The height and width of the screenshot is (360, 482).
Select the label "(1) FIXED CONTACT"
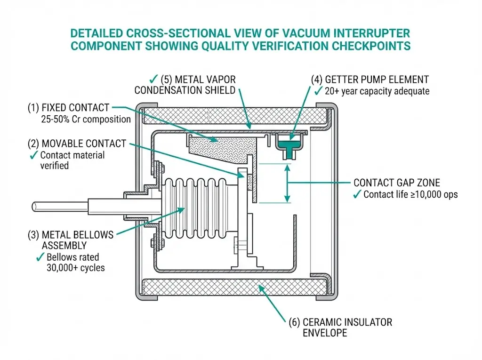click(68, 107)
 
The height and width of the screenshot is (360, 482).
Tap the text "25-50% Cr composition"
click(86, 119)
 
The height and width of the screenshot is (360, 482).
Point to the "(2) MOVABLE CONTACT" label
click(77, 143)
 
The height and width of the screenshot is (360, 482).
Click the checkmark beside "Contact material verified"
click(34, 155)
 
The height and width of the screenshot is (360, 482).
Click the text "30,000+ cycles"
click(76, 268)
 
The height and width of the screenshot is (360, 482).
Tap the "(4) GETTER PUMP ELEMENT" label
click(370, 79)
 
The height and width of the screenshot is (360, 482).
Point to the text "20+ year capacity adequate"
click(376, 91)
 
